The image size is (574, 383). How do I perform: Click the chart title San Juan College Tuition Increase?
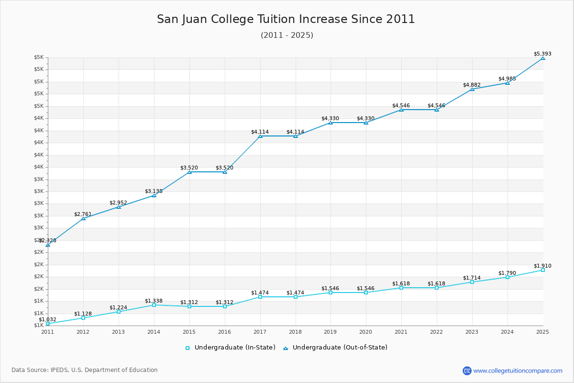[286, 19]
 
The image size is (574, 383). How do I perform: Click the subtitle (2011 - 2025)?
[287, 35]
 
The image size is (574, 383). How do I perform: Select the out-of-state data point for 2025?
[543, 58]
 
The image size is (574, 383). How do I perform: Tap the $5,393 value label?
[542, 54]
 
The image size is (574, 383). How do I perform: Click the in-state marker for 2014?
[154, 305]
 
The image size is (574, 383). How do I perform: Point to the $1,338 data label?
[154, 301]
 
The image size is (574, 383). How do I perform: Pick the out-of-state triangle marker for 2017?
[260, 136]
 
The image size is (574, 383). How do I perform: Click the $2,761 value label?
[83, 214]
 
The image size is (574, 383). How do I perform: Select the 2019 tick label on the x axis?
[331, 332]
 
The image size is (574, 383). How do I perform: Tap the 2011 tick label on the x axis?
[47, 332]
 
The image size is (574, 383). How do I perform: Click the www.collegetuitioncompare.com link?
[518, 371]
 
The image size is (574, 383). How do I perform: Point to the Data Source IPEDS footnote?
[85, 370]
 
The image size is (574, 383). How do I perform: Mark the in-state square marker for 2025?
[543, 270]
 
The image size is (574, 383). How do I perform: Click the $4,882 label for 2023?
[472, 85]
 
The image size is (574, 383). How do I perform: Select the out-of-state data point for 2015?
[189, 172]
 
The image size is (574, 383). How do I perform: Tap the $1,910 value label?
[542, 266]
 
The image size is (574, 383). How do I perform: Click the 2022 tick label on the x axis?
[437, 332]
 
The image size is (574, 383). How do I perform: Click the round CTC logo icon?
[467, 371]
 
